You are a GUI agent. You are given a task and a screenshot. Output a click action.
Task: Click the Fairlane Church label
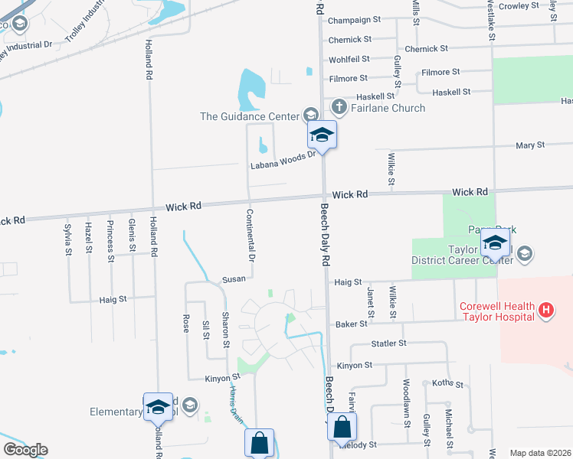pyautogui.click(x=388, y=108)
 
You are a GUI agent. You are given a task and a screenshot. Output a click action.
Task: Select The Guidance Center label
pyautogui.click(x=248, y=116)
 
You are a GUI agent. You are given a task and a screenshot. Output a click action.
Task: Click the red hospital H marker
pyautogui.click(x=545, y=310)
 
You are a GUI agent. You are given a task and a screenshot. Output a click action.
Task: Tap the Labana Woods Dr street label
pyautogui.click(x=283, y=161)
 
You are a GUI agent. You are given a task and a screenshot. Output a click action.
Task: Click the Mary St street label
pyautogui.click(x=530, y=145)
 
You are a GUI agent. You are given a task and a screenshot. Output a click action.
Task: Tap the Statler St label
pyautogui.click(x=388, y=344)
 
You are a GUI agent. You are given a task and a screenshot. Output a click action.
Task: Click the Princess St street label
pyautogui.click(x=111, y=238)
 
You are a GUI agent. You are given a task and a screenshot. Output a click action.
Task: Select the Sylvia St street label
pyautogui.click(x=68, y=240)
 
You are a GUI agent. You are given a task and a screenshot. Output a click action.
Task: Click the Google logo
pyautogui.click(x=25, y=450)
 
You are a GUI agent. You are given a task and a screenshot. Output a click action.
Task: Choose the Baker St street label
pyautogui.click(x=352, y=324)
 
